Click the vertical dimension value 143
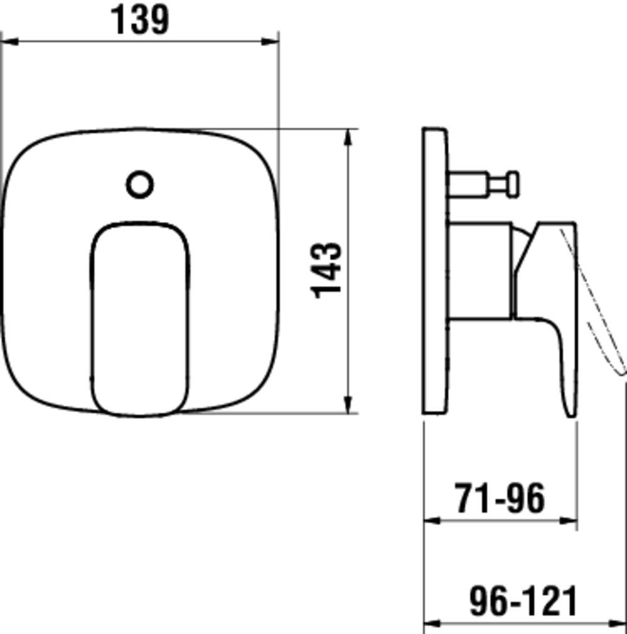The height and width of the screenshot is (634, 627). pos(328,270)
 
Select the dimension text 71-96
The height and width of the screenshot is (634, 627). pos(500,499)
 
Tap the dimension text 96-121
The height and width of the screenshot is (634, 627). pos(523,601)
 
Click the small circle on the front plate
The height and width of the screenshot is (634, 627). pos(140,185)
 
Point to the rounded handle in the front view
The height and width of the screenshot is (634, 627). pos(140,319)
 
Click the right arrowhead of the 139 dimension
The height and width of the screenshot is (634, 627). pos(271,41)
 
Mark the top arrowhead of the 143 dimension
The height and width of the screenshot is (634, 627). pos(349,137)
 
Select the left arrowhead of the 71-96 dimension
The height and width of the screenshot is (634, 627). pos(433,520)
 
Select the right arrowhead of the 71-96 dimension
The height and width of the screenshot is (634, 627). pos(569,520)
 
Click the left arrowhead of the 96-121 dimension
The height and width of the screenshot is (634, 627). pos(433,624)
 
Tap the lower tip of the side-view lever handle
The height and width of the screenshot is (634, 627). pos(570,411)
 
